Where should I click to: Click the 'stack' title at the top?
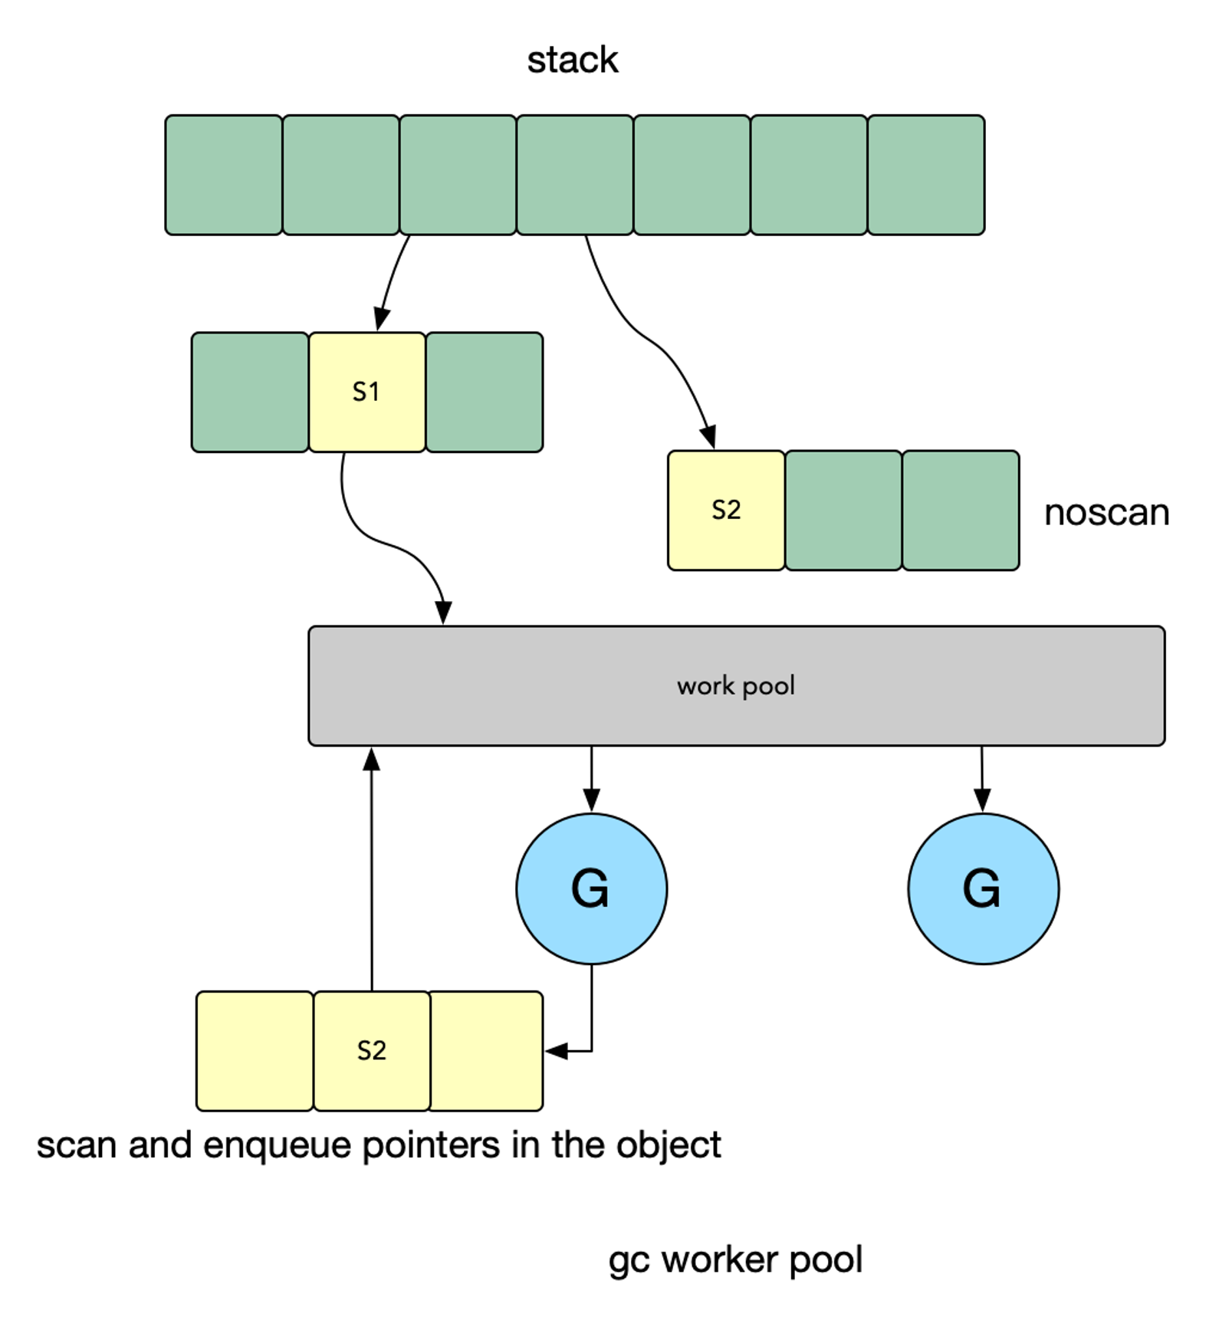coord(572,60)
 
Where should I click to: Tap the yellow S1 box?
coord(367,392)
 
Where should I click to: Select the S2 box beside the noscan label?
coord(726,510)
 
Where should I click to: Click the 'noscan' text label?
coord(1106,513)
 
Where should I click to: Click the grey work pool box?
coord(736,685)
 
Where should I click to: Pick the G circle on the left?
coord(591,888)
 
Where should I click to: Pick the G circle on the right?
coord(983,888)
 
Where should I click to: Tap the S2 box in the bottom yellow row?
coord(372,1051)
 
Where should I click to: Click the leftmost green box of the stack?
coord(224,175)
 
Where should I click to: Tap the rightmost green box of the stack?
coord(926,175)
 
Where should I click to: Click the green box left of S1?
coord(250,392)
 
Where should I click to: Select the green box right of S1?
coord(485,392)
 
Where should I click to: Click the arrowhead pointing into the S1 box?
coord(381,320)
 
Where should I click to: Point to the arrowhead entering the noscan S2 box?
coord(708,437)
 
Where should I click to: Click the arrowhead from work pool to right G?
coord(983,800)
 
